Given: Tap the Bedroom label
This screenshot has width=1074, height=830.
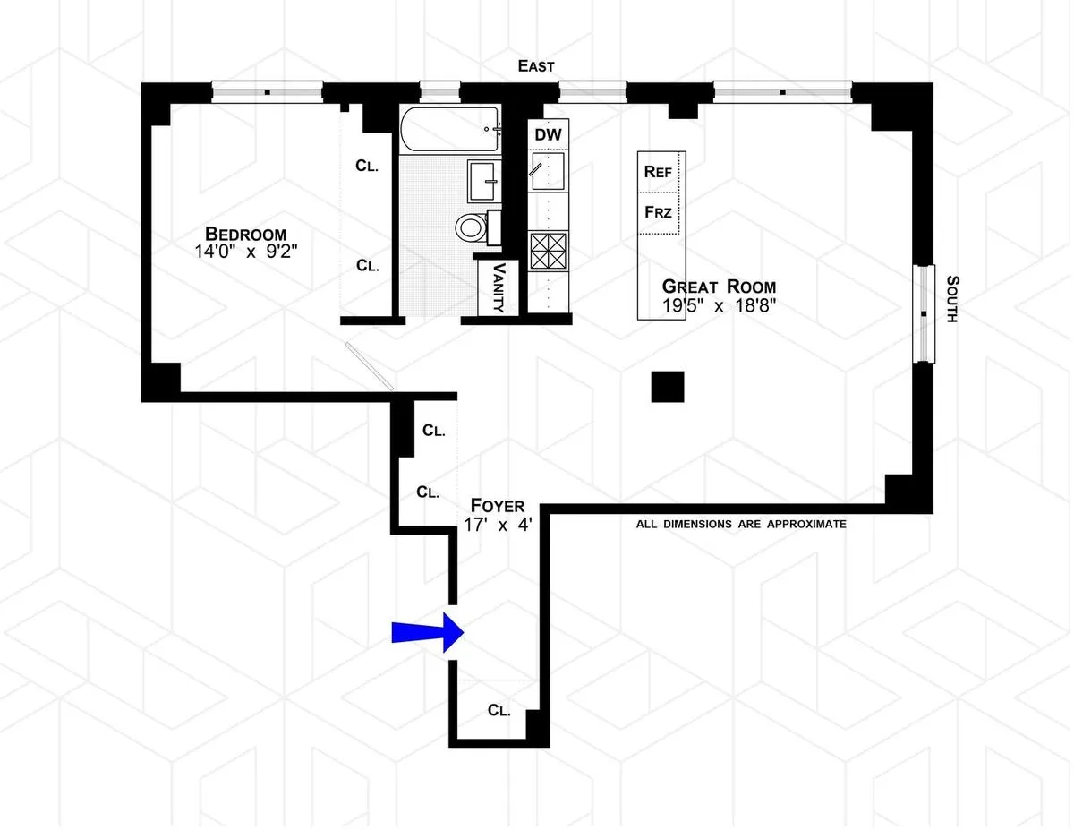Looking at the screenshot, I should pos(244,235).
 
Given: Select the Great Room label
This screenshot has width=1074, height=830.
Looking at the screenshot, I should pos(719,287).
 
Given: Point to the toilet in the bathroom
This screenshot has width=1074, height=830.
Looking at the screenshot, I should pos(471,227).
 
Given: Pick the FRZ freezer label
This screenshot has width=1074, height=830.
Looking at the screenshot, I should pos(659,212).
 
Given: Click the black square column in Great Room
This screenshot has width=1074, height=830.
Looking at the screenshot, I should pos(668,388).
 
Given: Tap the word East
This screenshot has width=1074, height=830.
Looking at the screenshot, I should pos(537,66).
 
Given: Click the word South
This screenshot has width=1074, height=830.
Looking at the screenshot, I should pos(951,298).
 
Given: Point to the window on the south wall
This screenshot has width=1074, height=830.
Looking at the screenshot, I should pos(922,313).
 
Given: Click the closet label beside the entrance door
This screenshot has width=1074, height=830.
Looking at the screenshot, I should pos(499,710).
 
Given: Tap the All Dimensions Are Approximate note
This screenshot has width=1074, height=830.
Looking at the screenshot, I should pos(740,524).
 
